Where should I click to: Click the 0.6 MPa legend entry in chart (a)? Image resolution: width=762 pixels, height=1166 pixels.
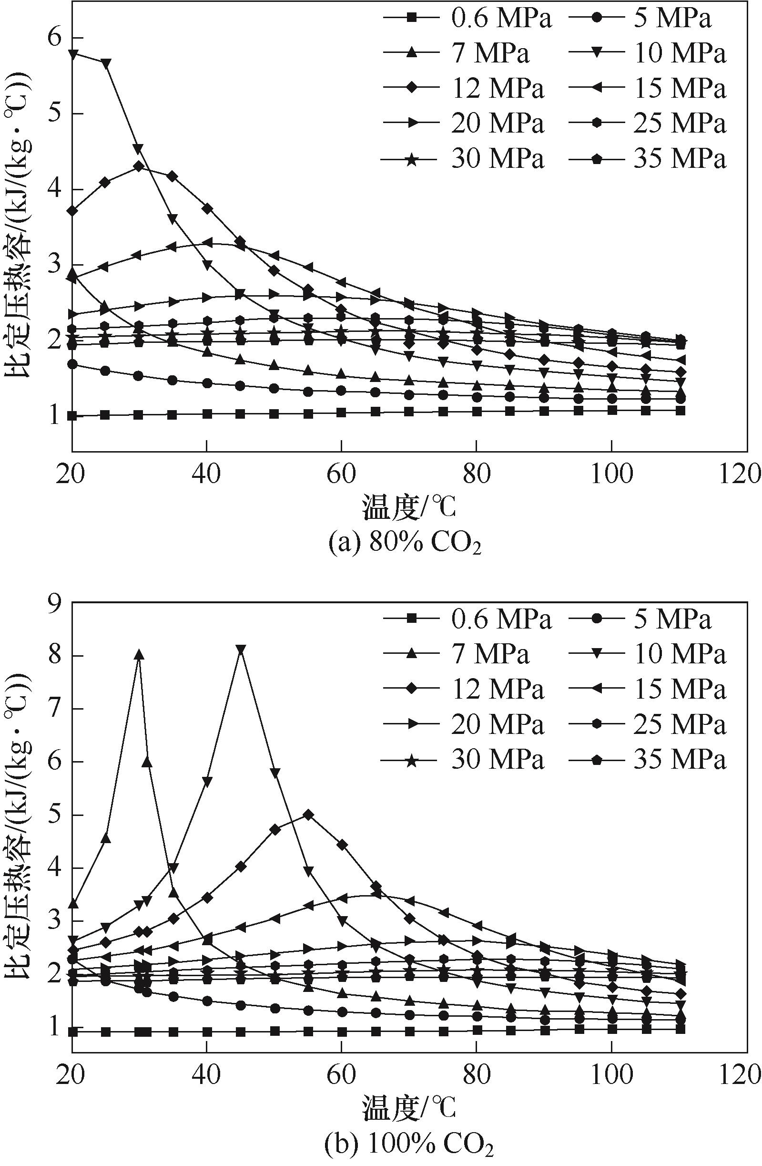tap(467, 19)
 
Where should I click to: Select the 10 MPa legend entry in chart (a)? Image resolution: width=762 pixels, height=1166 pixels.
tap(648, 53)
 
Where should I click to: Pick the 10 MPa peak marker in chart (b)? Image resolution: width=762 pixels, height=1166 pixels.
tap(241, 649)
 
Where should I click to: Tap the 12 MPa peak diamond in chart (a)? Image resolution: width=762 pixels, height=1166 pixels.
tap(139, 166)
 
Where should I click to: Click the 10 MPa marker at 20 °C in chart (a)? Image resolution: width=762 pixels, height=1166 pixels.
tap(73, 54)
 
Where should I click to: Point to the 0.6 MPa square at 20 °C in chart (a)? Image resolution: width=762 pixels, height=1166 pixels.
tap(72, 416)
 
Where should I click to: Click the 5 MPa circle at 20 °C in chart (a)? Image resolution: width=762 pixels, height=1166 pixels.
tap(72, 364)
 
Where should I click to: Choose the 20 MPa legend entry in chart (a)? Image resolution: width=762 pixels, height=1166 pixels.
tap(464, 124)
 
